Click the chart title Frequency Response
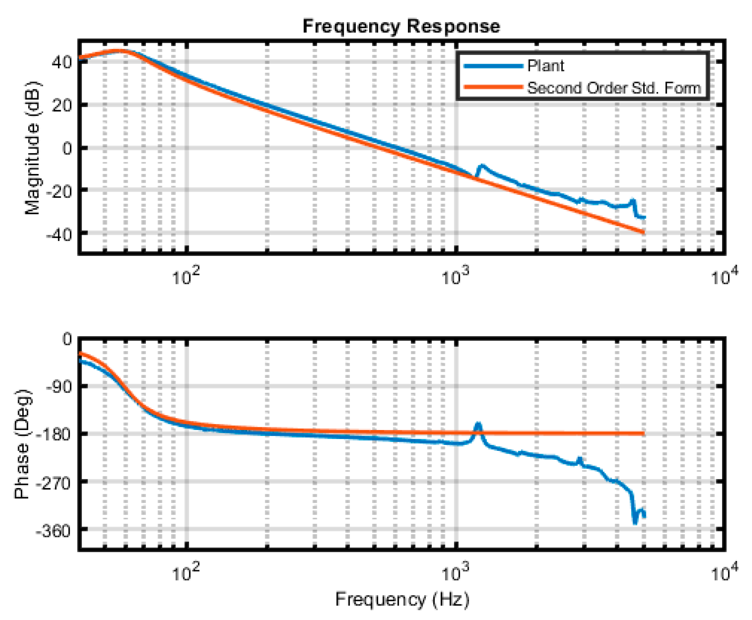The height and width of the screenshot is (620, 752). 401,26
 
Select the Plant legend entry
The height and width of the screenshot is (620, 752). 545,66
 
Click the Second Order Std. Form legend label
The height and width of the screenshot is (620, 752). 614,88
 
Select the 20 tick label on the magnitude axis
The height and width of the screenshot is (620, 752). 62,105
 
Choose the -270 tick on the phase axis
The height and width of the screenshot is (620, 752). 54,483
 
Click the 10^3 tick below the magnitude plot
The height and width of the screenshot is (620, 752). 456,276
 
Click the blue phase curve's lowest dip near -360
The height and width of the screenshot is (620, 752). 635,522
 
